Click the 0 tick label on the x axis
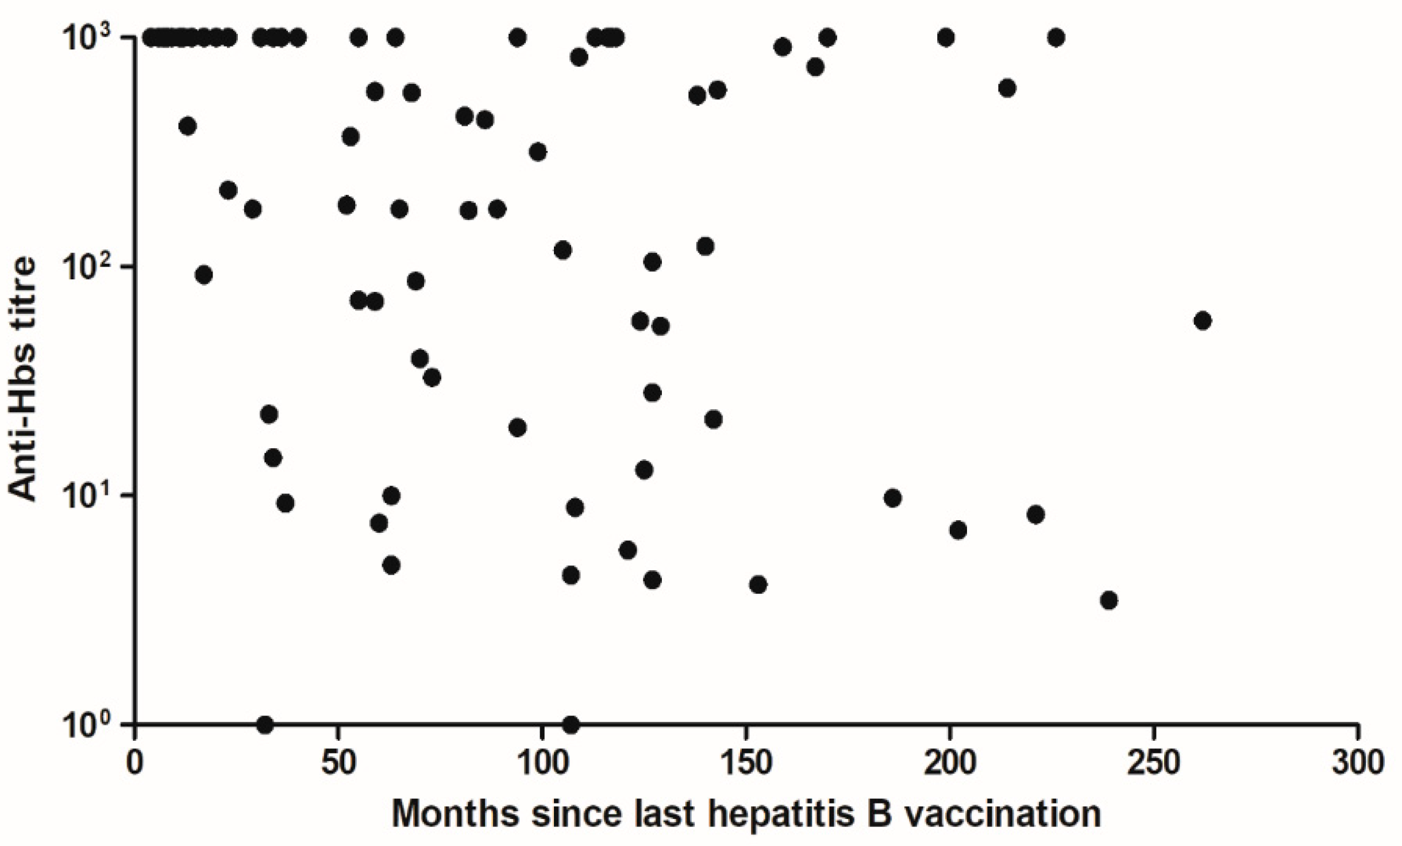tap(135, 765)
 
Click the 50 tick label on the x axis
tap(338, 765)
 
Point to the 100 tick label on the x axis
tap(542, 765)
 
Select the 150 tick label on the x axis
tap(745, 765)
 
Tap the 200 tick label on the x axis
tap(949, 765)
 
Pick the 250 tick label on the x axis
tap(1153, 765)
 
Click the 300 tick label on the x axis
tap(1357, 765)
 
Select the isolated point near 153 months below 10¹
tap(758, 585)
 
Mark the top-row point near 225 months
tap(1056, 38)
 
